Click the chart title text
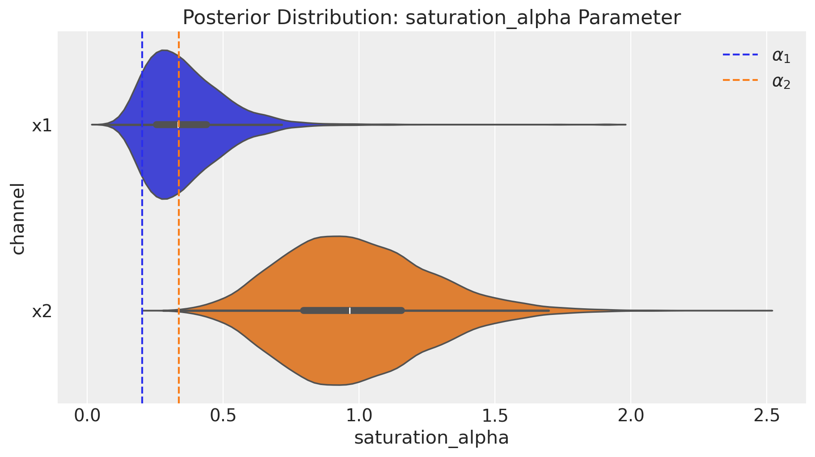431,18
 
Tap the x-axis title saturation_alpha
431,438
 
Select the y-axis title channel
18,218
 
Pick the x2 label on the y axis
42,311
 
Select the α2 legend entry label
781,82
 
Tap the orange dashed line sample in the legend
740,81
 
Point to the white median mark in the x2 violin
350,310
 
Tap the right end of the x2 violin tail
772,310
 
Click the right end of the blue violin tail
625,125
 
